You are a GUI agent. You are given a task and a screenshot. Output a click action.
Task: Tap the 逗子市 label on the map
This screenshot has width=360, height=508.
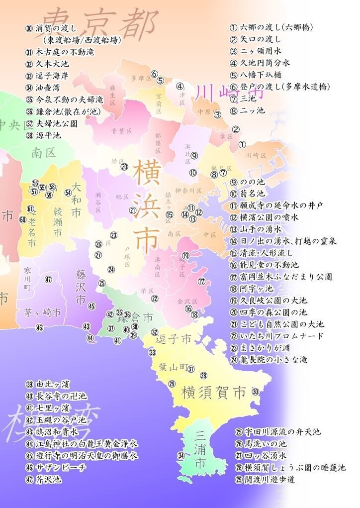[x=174, y=340]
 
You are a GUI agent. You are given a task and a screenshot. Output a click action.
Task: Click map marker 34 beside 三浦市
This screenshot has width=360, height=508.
[x=181, y=455]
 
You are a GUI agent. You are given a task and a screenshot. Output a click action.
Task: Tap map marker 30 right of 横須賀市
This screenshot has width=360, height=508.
[x=255, y=392]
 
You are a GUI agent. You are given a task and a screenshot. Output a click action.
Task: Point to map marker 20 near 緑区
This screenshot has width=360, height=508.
[x=124, y=167]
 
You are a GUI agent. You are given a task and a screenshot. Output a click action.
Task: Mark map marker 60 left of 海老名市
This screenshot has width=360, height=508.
[x=22, y=219]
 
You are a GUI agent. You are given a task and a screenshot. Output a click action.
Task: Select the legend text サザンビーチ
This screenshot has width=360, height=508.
[x=60, y=468]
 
